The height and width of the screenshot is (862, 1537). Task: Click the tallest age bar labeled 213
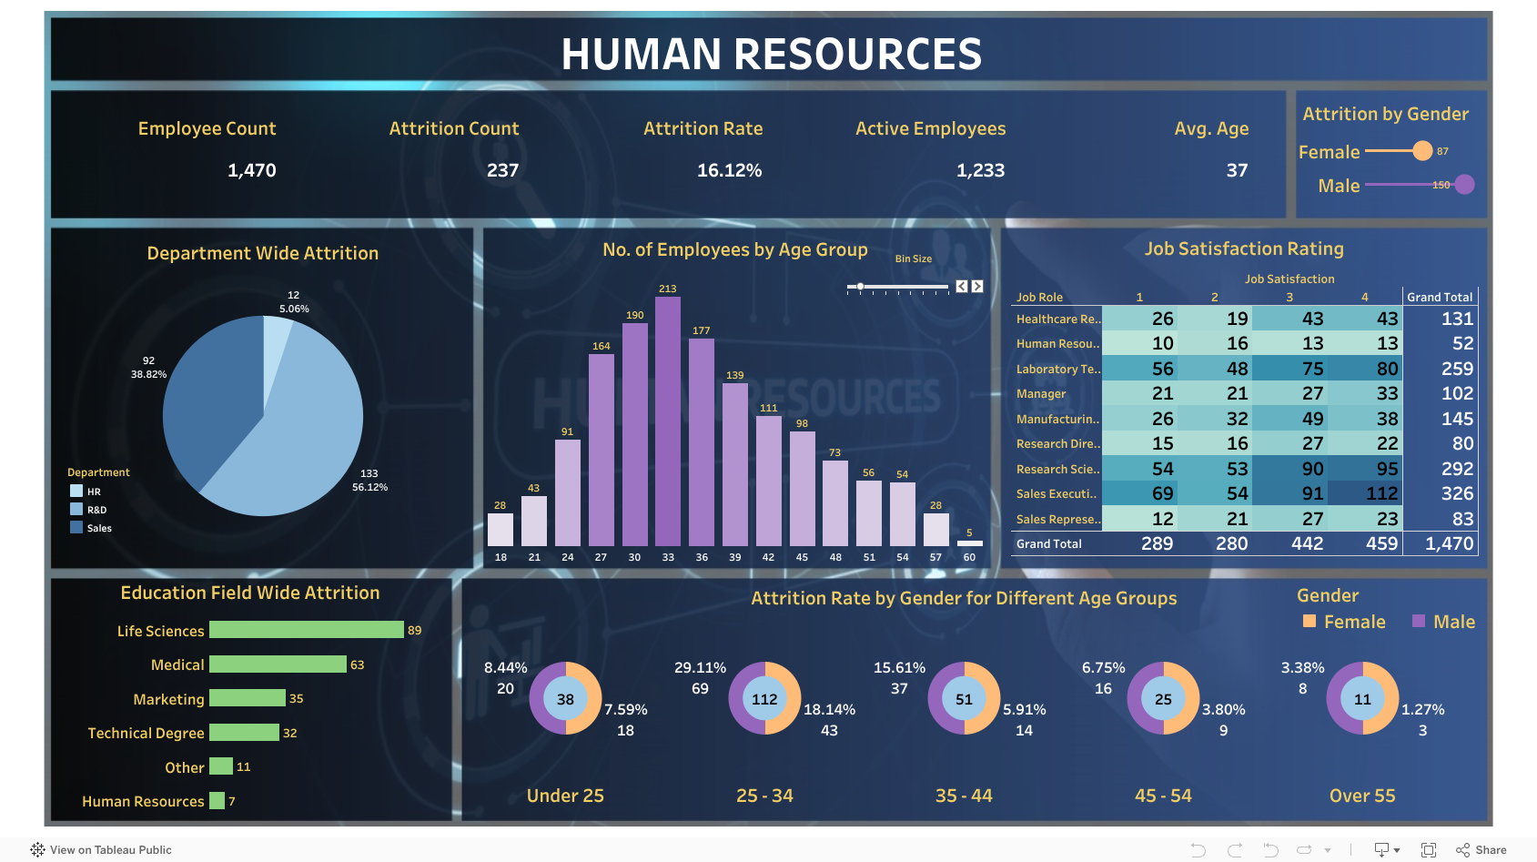tap(667, 421)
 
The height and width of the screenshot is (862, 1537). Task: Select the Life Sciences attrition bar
tap(306, 630)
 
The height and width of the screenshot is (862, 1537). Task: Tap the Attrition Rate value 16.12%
tap(729, 170)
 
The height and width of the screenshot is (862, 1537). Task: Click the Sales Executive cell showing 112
tap(1380, 493)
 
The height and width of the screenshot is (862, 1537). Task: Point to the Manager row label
tap(1040, 394)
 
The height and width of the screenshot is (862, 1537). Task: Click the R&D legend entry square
tap(76, 510)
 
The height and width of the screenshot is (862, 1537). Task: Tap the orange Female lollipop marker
tap(1421, 151)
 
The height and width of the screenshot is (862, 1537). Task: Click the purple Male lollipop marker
tap(1464, 185)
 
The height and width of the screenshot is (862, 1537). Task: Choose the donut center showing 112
tap(764, 699)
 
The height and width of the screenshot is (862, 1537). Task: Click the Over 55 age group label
tap(1361, 796)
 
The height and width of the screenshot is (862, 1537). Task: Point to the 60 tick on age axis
tap(969, 557)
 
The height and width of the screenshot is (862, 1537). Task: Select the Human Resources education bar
tap(217, 801)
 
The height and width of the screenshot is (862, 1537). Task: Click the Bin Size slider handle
tap(860, 287)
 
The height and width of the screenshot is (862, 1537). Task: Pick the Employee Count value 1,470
tap(251, 170)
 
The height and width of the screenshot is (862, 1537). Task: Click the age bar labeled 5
tap(969, 543)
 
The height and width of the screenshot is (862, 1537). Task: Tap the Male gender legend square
tap(1418, 621)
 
